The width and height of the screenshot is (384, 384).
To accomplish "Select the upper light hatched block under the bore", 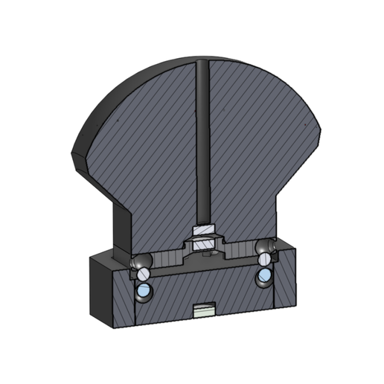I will point(202,230).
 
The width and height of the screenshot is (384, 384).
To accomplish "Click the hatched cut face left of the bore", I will point(149,149).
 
